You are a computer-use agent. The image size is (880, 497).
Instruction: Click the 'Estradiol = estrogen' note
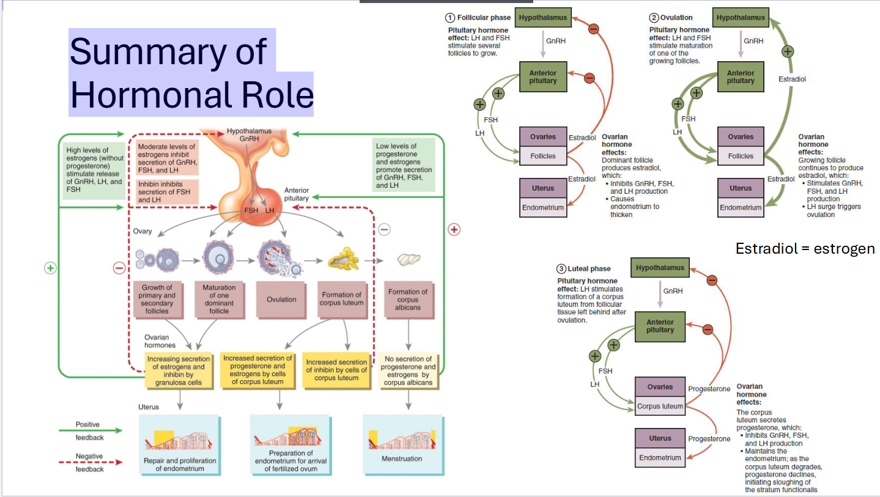click(x=805, y=249)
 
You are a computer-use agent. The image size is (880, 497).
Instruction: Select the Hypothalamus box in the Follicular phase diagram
click(x=542, y=18)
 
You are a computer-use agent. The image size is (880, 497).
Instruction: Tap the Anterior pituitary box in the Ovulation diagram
click(x=741, y=77)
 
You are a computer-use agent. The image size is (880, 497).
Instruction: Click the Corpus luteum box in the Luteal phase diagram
click(x=659, y=406)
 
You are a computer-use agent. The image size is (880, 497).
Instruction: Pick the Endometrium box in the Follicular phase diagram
click(x=542, y=207)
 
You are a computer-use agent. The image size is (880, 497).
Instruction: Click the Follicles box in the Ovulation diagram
click(x=741, y=156)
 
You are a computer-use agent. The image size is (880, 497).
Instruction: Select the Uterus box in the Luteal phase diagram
click(x=659, y=438)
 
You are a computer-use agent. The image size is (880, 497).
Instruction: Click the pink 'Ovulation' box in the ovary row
click(x=281, y=300)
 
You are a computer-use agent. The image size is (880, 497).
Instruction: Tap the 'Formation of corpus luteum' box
click(x=342, y=299)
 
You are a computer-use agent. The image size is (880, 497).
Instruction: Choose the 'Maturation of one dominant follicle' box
click(x=220, y=299)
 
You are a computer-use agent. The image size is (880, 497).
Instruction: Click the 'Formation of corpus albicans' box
click(x=408, y=300)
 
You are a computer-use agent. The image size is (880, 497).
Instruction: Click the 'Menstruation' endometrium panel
click(x=402, y=444)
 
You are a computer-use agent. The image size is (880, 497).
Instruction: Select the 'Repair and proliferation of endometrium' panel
click(x=179, y=444)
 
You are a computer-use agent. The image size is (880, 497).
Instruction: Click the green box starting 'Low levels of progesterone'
click(x=404, y=164)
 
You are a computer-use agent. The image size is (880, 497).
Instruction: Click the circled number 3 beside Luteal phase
click(x=561, y=269)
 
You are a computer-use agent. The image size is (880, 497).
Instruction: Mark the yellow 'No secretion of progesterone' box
click(x=408, y=370)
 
